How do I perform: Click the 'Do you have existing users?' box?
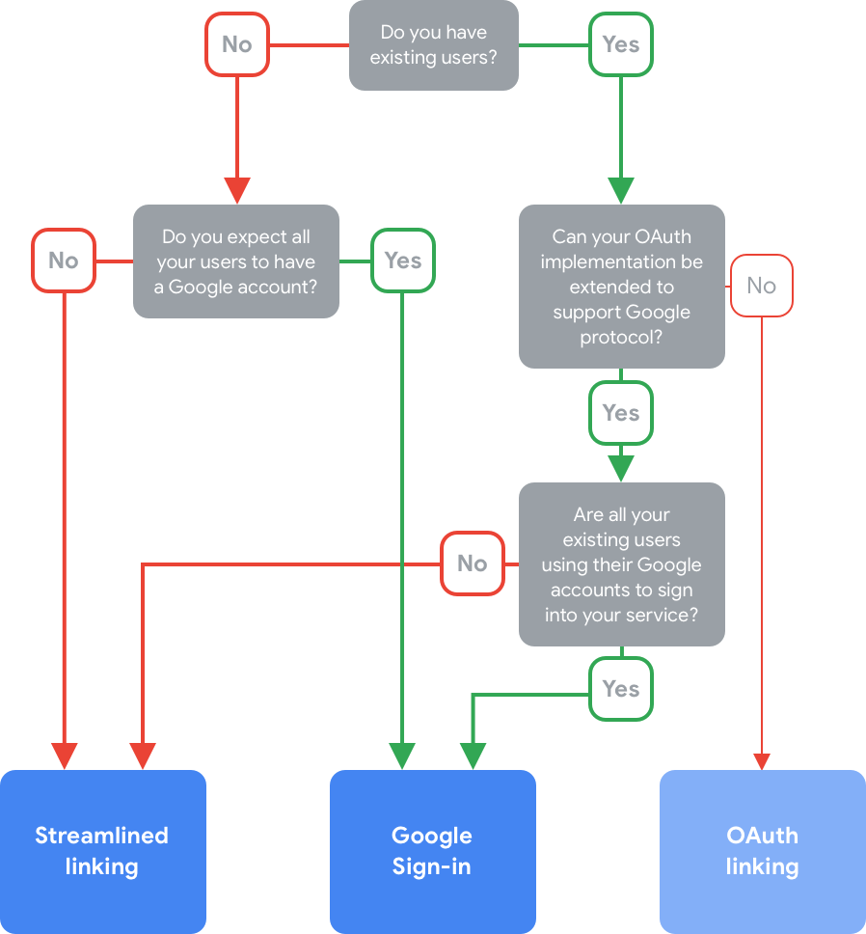click(433, 44)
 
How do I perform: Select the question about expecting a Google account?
click(235, 261)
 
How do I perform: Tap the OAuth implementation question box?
click(621, 286)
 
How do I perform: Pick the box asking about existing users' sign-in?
click(621, 563)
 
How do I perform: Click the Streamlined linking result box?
click(102, 850)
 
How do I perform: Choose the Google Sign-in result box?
click(432, 850)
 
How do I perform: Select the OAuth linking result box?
click(762, 850)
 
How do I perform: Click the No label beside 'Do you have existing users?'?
click(236, 43)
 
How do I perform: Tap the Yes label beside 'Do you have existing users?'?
click(621, 43)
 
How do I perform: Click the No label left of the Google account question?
click(64, 260)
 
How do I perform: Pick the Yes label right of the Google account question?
click(403, 260)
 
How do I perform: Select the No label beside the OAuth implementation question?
click(761, 285)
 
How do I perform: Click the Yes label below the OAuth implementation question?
click(621, 413)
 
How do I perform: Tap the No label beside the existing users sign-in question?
click(473, 563)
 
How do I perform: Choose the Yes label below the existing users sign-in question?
click(621, 688)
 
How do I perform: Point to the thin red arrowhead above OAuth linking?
click(762, 761)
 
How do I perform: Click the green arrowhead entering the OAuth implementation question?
click(621, 190)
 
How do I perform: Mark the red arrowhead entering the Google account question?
click(236, 190)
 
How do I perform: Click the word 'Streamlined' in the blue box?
click(102, 836)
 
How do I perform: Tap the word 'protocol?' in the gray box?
click(621, 337)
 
